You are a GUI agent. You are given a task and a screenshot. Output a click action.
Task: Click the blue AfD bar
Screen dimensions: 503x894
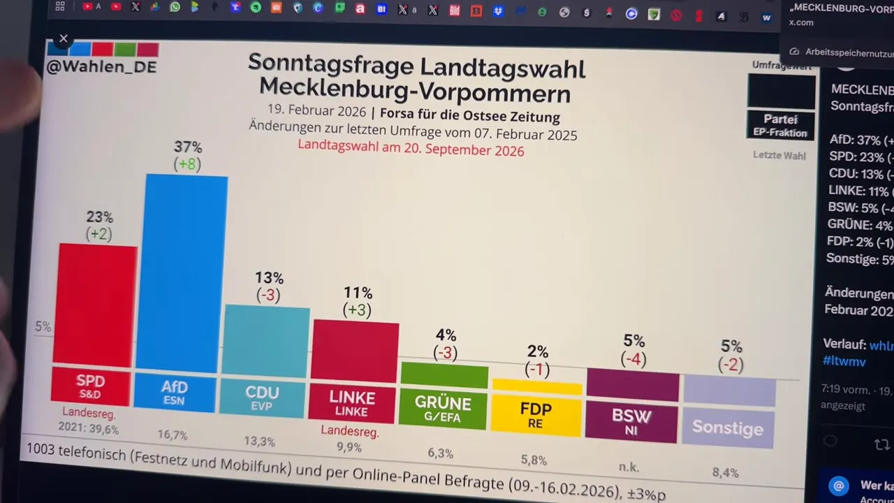(x=183, y=272)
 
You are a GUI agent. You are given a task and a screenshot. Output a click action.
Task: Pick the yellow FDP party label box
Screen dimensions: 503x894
(x=536, y=415)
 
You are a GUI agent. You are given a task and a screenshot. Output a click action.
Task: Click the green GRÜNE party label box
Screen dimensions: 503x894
(x=443, y=409)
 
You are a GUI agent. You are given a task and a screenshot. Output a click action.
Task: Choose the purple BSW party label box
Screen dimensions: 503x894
(x=631, y=421)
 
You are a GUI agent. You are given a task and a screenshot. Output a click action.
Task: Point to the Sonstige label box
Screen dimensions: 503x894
(x=728, y=428)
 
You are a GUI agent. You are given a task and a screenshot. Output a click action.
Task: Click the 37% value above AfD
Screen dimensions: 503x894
(x=188, y=147)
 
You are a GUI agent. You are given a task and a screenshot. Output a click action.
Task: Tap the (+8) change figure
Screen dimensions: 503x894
(x=187, y=164)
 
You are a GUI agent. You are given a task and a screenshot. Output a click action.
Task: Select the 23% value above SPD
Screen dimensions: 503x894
(x=99, y=217)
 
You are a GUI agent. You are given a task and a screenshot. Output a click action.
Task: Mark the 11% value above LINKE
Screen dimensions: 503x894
(x=358, y=293)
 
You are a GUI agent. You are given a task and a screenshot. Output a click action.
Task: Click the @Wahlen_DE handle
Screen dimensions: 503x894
(x=101, y=67)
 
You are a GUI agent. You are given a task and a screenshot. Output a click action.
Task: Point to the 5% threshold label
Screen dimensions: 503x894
(x=43, y=326)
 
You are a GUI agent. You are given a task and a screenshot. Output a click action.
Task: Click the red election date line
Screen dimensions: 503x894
(x=411, y=149)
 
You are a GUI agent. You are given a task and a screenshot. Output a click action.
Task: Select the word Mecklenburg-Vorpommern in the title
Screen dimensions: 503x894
(x=415, y=91)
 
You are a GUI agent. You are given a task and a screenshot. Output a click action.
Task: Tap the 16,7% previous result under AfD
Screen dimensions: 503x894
(x=173, y=435)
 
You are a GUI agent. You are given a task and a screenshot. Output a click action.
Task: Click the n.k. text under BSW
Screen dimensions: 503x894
(x=629, y=467)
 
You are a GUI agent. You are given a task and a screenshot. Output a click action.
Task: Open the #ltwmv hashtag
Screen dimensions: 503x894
(x=844, y=361)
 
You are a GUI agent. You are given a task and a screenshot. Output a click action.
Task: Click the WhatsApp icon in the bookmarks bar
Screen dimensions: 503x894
(x=175, y=7)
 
